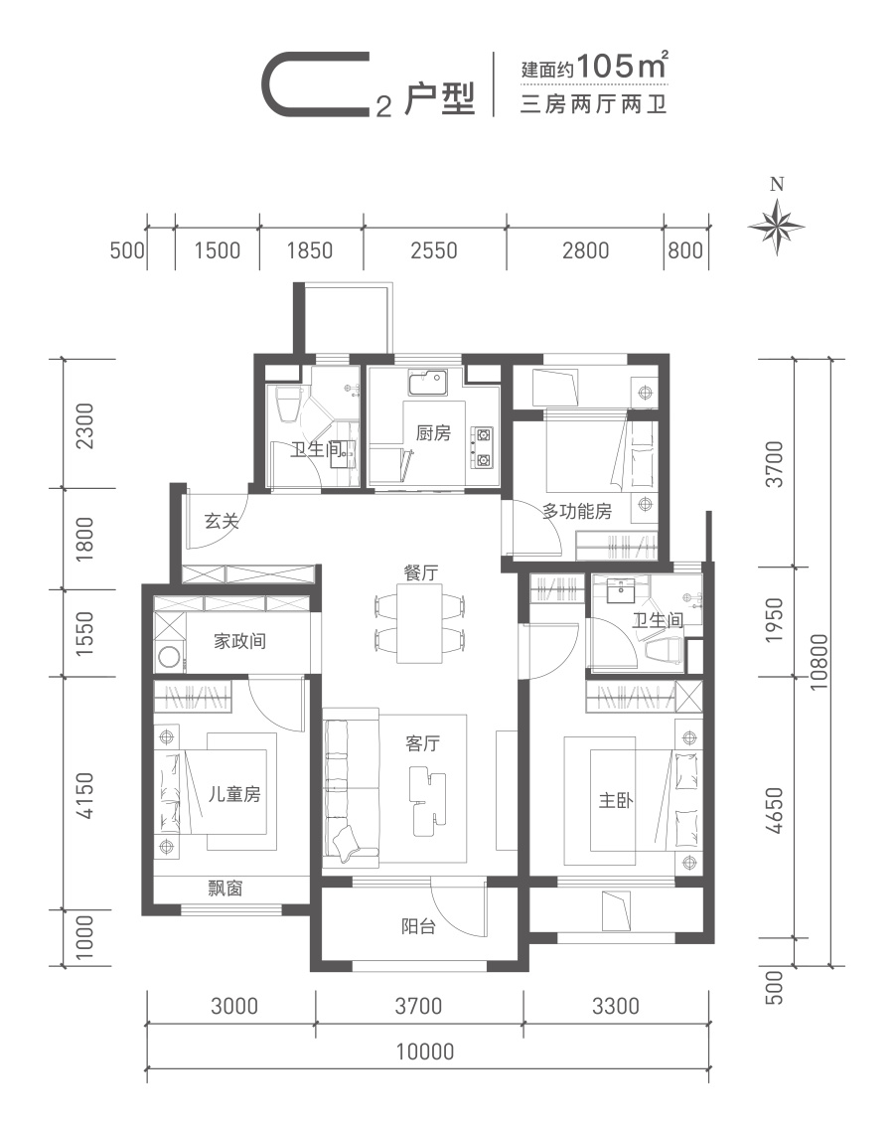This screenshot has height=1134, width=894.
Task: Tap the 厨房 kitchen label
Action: pos(433,432)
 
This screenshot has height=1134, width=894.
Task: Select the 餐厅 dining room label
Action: pos(420,572)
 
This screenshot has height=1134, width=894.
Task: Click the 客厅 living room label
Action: pos(422,742)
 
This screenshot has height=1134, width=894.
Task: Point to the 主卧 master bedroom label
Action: pos(616,800)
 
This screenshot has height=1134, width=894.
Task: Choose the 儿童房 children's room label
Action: pos(234,794)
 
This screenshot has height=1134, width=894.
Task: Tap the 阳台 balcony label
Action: pos(418,926)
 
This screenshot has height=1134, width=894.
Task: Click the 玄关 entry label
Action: pos(222,521)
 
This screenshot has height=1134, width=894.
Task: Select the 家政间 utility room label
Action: pos(239,641)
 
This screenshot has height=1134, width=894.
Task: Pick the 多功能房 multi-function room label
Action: pos(577,511)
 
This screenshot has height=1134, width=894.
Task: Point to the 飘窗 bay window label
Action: pos(224,889)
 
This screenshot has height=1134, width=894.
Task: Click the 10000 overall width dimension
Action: pos(425,1052)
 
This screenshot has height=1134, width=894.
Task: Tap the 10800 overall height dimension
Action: pos(819,662)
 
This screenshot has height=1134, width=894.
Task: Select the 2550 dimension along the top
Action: pos(434,250)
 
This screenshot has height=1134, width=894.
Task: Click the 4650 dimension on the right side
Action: pos(773,810)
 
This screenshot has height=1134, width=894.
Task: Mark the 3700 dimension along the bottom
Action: pos(418,1006)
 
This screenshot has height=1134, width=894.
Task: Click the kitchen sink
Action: pos(427,383)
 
